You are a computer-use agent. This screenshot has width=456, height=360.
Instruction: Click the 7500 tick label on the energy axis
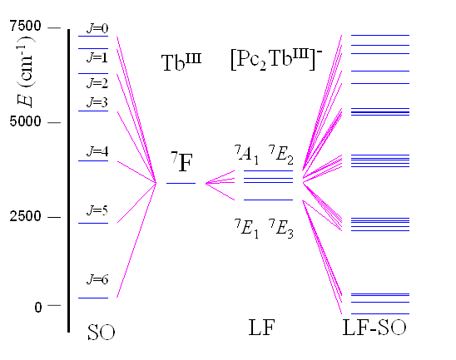tap(25, 26)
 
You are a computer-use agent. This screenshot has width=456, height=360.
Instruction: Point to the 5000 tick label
tap(25, 121)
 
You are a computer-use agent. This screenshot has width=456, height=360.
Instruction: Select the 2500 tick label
tap(25, 216)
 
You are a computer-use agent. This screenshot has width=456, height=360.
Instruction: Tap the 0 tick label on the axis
tap(37, 307)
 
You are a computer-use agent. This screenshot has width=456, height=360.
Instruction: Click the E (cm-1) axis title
tap(26, 72)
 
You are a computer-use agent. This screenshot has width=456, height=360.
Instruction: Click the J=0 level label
tap(97, 28)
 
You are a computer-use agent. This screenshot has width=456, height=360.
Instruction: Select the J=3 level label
tap(97, 102)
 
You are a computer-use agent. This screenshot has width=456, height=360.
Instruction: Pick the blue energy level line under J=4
tap(93, 160)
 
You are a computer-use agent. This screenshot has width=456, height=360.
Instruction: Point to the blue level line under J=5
tap(93, 223)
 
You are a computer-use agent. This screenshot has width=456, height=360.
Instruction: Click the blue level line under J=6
tap(93, 298)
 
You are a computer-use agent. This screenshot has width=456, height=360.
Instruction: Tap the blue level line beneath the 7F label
tap(181, 183)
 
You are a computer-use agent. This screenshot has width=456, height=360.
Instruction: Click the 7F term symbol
tap(181, 161)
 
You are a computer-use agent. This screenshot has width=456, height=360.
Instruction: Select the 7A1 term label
tap(246, 155)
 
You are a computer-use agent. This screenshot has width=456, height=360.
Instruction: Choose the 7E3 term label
tap(281, 229)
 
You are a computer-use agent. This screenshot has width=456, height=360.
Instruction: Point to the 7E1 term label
tap(246, 229)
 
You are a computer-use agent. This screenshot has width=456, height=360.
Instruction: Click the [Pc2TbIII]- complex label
tap(276, 60)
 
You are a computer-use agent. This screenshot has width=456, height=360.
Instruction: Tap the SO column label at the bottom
tap(101, 333)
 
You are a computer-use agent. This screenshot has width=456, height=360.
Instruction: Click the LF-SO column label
tap(374, 328)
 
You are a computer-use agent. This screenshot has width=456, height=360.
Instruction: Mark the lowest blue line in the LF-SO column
tap(380, 313)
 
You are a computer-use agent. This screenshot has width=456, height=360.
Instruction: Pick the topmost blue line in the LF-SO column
tap(380, 35)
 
